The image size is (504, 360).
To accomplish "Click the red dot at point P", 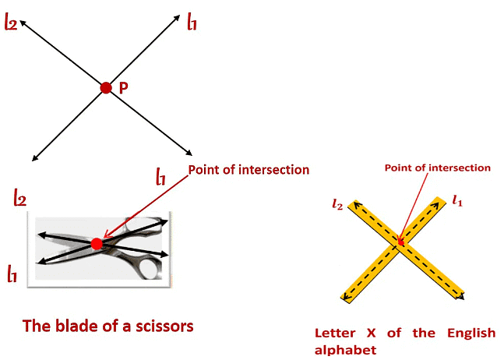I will pyautogui.click(x=106, y=88).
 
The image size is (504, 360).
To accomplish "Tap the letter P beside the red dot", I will pyautogui.click(x=123, y=89).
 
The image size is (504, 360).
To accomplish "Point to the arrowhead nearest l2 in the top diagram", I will pyautogui.click(x=24, y=23).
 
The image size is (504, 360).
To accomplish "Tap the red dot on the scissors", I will pyautogui.click(x=97, y=244).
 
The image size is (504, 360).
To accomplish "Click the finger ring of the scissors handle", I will pyautogui.click(x=146, y=269).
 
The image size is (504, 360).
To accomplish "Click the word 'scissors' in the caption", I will pyautogui.click(x=159, y=325).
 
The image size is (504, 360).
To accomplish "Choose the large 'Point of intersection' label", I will pyautogui.click(x=248, y=170).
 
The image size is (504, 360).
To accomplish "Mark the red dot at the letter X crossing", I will pyautogui.click(x=401, y=242).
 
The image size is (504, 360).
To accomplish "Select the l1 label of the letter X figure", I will pyautogui.click(x=457, y=201).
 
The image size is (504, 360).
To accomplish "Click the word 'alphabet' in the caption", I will pyautogui.click(x=346, y=350).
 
